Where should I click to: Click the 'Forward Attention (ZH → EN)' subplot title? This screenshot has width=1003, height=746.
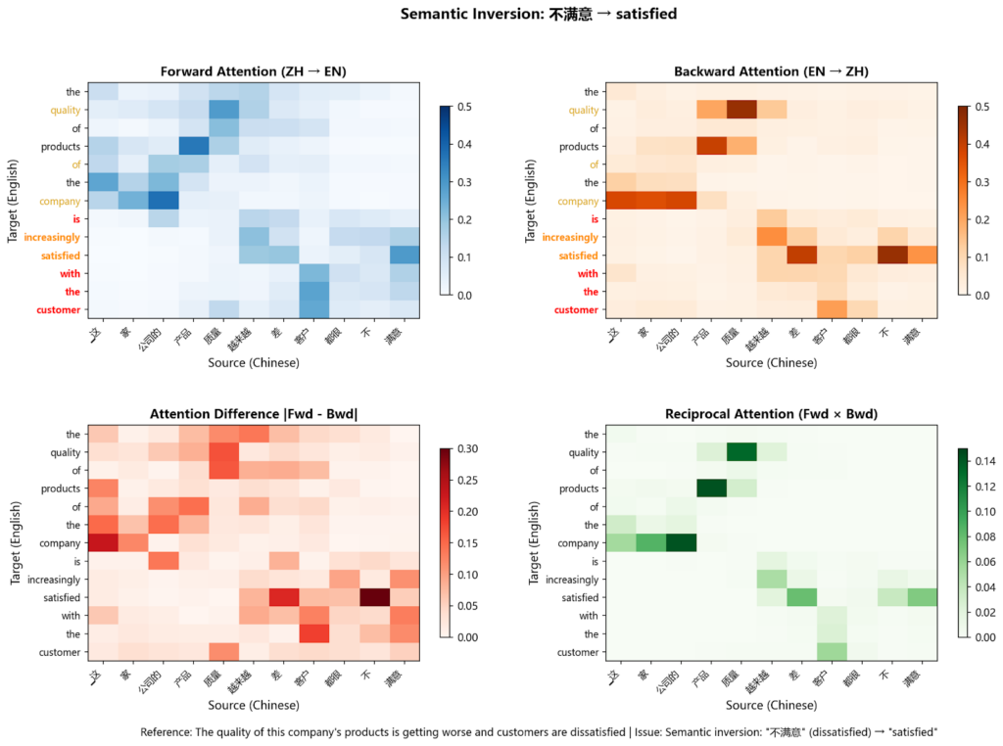[x=253, y=71]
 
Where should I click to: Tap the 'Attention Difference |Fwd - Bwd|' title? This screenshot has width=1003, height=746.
[x=253, y=413]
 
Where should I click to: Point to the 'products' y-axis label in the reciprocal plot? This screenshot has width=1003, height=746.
[x=577, y=488]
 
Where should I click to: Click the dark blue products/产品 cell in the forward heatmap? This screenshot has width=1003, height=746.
[x=192, y=146]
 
